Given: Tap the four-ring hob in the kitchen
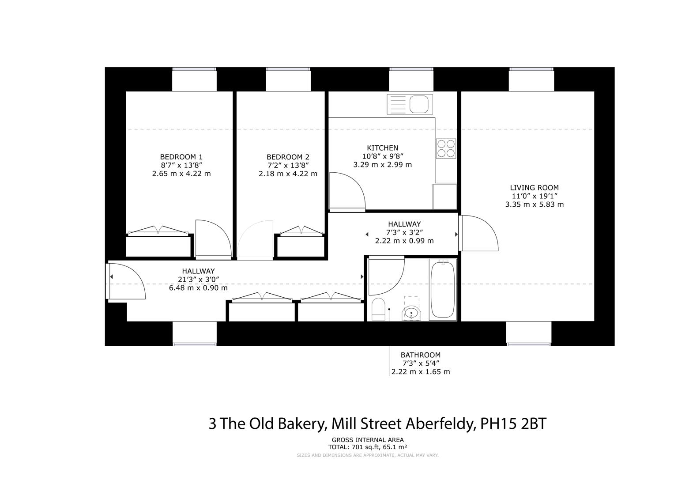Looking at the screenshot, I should (x=446, y=148).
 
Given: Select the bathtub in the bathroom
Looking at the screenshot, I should (x=443, y=289).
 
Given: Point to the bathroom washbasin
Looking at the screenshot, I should (x=411, y=313).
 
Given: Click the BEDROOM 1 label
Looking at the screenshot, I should (x=181, y=157).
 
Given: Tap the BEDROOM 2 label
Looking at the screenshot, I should (x=288, y=157).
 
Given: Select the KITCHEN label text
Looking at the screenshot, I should (x=382, y=148).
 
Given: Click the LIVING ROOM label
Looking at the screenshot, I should (x=534, y=188).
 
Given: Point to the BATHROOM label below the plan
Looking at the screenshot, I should (x=420, y=355).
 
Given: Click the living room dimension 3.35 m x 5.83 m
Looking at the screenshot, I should (x=534, y=204).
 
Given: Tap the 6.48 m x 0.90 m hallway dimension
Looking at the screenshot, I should (x=198, y=288).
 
